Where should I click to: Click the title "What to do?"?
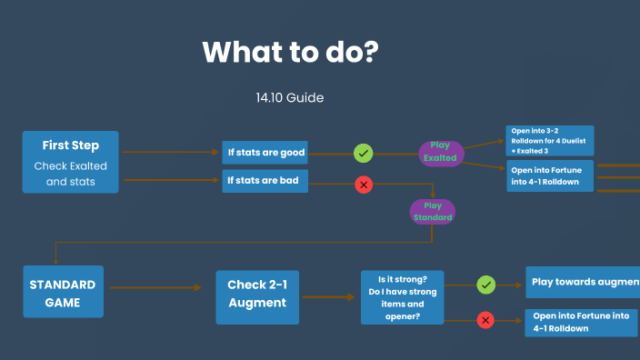click(x=289, y=52)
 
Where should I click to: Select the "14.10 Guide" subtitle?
click(x=290, y=96)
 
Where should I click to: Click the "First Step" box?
click(x=70, y=161)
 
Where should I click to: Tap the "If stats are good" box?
click(x=265, y=152)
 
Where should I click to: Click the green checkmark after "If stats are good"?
click(x=364, y=153)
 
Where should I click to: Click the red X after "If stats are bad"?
click(x=364, y=185)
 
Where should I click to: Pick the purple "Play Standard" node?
click(x=432, y=212)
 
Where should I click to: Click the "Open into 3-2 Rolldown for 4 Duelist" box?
click(x=549, y=140)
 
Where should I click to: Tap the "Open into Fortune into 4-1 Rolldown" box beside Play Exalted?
click(x=549, y=175)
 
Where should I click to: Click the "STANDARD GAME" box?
click(x=63, y=291)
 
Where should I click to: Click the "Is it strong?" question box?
click(x=402, y=296)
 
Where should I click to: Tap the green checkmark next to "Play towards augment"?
click(x=486, y=285)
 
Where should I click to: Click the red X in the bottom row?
click(x=485, y=320)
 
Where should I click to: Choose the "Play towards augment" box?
click(x=582, y=283)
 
